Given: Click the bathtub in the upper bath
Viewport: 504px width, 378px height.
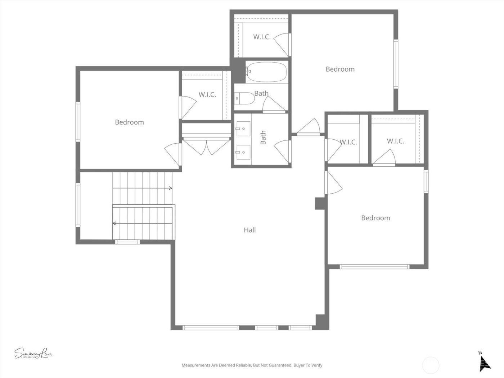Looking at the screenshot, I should [x=267, y=72].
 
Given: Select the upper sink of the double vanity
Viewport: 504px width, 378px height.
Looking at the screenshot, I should [x=243, y=127].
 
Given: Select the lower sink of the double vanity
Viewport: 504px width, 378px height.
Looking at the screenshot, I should [x=243, y=152].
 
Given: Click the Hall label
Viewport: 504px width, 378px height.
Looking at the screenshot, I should [x=249, y=230].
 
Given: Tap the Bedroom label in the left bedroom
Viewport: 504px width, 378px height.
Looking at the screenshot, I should [x=129, y=122].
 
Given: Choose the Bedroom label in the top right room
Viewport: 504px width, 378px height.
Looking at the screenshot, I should [x=340, y=69].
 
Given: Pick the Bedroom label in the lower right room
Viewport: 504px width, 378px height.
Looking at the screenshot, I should [x=375, y=218].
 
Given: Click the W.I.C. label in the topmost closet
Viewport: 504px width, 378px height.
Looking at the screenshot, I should [x=262, y=37].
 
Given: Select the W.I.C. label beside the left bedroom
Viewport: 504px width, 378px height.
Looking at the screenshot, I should [x=207, y=95].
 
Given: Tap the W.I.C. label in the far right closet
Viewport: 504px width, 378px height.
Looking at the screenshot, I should [x=395, y=141].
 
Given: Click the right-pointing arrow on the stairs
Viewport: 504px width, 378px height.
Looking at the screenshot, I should [x=170, y=188].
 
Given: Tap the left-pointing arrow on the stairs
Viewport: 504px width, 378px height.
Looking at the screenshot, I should [x=114, y=224].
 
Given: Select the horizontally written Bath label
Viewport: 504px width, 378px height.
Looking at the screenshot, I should [x=261, y=93].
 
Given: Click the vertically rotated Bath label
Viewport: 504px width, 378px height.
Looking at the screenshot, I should [x=263, y=138].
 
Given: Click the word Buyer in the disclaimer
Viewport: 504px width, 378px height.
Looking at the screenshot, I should [x=298, y=365].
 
